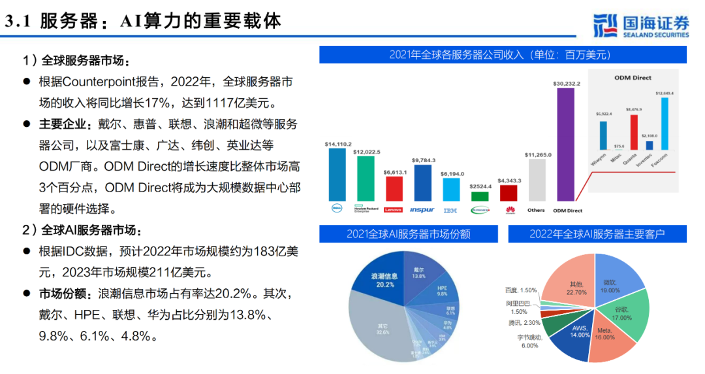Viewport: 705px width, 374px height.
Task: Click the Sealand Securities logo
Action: (641, 25)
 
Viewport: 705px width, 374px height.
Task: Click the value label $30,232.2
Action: (566, 84)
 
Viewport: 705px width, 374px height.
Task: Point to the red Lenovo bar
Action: (394, 188)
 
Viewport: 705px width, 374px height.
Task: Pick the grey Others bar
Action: (537, 180)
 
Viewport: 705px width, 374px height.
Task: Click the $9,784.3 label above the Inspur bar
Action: (423, 160)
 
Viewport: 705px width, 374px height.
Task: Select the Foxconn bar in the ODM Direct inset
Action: (664, 124)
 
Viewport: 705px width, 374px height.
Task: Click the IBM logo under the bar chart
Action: (450, 211)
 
